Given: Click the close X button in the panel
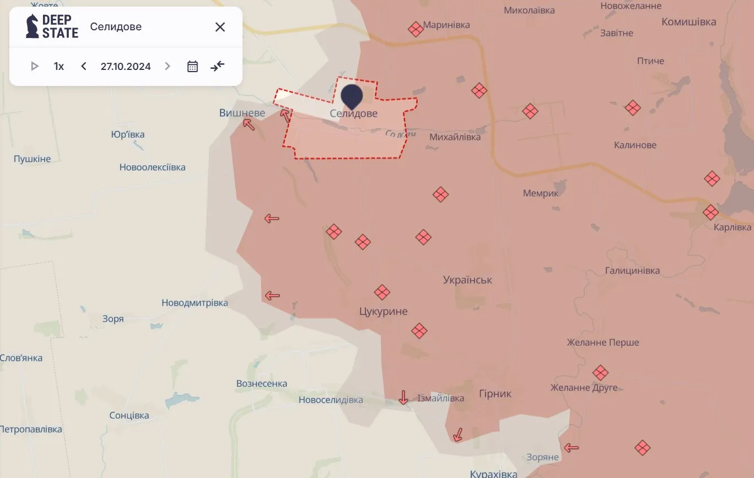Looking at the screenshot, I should (220, 27).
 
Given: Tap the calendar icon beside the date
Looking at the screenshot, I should (192, 67).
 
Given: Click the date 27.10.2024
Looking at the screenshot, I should (126, 67).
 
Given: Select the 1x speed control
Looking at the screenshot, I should (59, 67).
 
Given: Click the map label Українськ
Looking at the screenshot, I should (467, 280).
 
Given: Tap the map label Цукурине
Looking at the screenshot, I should (383, 311).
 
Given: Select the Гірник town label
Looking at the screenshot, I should (495, 394).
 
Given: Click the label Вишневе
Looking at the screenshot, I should (242, 113).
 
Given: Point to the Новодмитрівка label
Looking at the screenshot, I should (195, 303).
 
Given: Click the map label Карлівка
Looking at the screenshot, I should (733, 227).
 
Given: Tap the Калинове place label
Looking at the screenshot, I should (635, 145).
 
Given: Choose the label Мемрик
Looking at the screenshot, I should (541, 193).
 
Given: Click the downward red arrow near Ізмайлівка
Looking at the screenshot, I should (403, 397).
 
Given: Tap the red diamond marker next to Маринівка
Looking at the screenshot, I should (416, 29).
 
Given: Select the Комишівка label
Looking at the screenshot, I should (688, 21).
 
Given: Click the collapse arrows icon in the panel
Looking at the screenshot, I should (218, 67).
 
